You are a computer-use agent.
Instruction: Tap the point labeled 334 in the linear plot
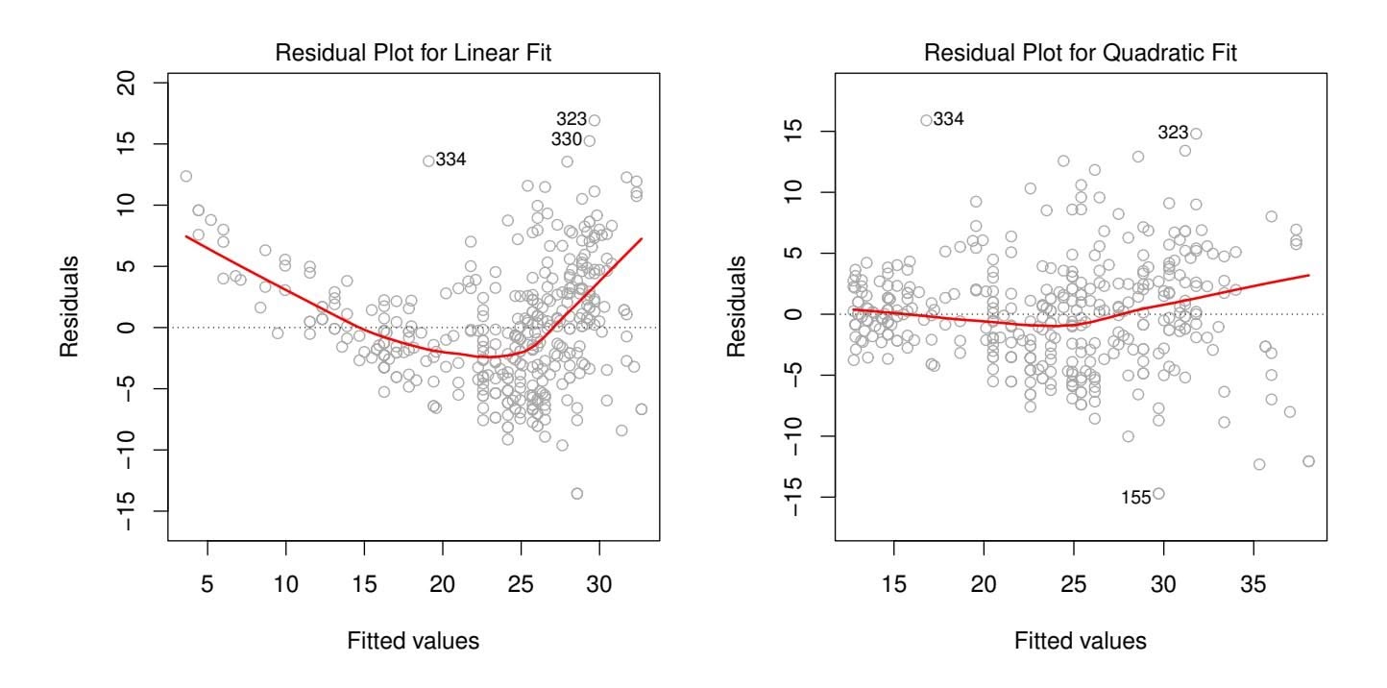pos(428,160)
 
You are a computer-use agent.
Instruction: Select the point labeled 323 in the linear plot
pos(594,120)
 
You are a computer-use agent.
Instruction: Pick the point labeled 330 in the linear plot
pos(589,140)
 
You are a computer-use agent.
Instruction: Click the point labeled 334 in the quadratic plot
pos(927,120)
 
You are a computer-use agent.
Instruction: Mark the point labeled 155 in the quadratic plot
pos(1158,494)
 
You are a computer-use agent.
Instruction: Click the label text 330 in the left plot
pos(566,139)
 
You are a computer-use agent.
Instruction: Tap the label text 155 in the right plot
pos(1135,498)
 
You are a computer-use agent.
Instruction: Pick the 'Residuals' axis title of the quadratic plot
pos(735,307)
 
